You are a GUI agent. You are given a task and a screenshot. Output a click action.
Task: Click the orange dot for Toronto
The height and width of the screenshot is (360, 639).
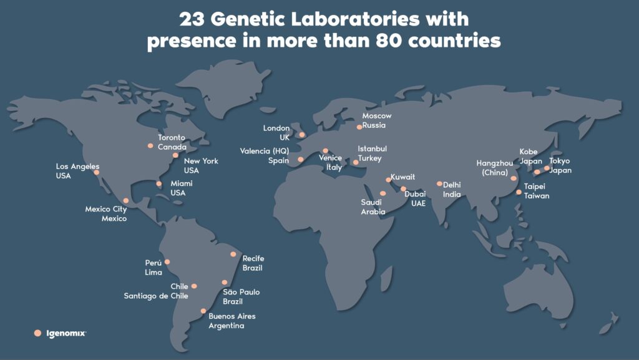click(150, 146)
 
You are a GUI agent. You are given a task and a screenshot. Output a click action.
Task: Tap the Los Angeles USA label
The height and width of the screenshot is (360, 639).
click(77, 171)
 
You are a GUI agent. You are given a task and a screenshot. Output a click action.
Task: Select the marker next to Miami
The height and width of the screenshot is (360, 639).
click(159, 183)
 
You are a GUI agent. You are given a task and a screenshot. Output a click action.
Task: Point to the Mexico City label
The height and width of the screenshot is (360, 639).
click(106, 213)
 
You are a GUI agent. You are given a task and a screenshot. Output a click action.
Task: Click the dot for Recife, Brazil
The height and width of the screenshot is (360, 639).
click(233, 254)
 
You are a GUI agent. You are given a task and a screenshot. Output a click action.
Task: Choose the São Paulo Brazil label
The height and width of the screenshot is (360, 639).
click(241, 296)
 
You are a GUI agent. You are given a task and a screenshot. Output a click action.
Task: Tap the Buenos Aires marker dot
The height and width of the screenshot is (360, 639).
click(203, 311)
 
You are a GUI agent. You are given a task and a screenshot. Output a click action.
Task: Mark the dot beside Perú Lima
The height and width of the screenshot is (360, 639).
click(167, 262)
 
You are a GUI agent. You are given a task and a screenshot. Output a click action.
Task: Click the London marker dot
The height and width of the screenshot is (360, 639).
click(302, 135)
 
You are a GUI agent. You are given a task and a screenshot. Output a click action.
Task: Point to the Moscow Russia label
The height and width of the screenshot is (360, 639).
click(376, 120)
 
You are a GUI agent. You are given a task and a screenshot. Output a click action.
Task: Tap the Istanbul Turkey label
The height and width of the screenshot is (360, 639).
click(372, 153)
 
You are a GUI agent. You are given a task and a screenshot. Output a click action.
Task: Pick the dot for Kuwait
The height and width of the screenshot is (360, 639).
click(388, 180)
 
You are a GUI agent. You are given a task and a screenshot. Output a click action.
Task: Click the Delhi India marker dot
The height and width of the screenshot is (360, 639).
click(439, 183)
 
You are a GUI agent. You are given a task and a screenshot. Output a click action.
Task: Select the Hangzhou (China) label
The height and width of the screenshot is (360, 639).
click(495, 168)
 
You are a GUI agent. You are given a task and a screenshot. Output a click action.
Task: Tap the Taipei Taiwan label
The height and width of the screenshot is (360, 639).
click(536, 191)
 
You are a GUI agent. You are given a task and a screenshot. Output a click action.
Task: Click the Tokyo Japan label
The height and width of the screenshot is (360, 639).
click(560, 165)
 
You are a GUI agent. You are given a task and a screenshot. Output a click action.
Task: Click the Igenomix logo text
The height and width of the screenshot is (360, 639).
click(66, 334)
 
